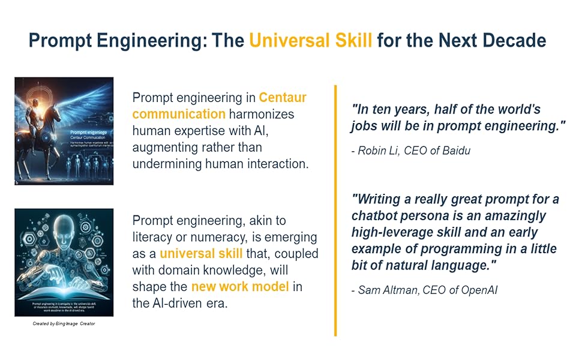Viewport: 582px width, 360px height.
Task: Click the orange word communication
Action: [x=179, y=114]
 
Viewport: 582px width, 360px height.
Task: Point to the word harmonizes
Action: [x=262, y=114]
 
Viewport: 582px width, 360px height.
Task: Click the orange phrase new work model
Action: [x=239, y=287]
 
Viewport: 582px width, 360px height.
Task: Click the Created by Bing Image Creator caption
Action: [x=64, y=324]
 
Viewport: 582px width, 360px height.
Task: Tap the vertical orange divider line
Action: [x=335, y=210]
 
